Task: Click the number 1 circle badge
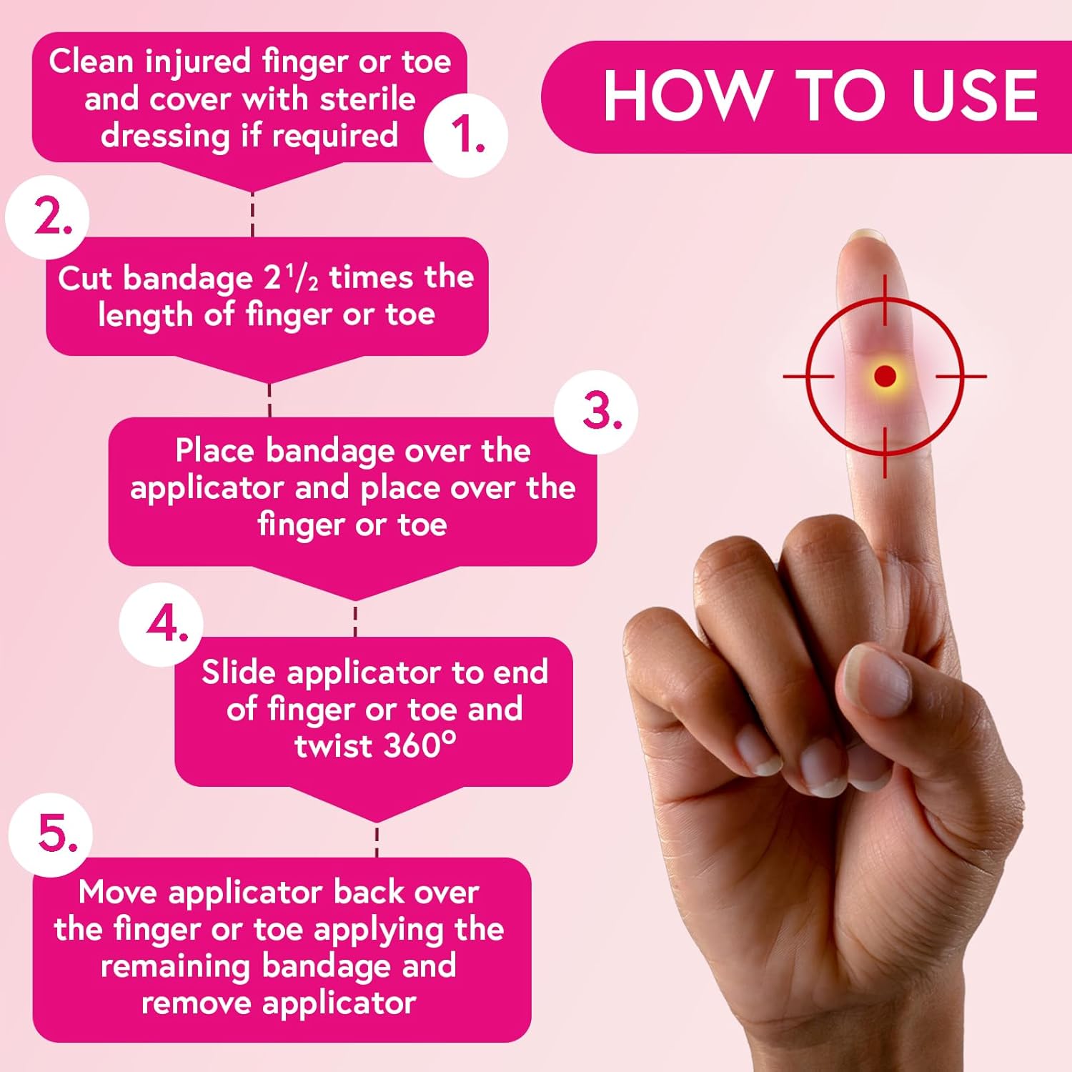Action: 466,136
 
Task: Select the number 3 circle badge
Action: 597,412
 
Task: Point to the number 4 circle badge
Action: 162,625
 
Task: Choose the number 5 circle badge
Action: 51,834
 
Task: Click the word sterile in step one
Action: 367,99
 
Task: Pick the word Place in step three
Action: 215,451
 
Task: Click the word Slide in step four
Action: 238,673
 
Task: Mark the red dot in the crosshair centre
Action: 885,376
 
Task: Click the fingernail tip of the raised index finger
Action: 866,237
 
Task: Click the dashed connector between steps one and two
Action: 252,214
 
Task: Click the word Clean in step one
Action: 91,61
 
